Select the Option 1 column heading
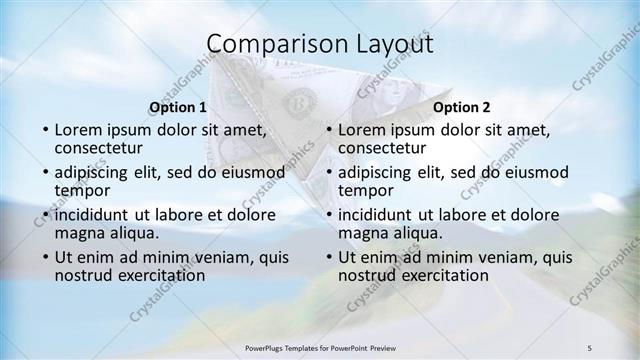coord(178,107)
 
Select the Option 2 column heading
coord(462,107)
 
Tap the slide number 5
coord(590,347)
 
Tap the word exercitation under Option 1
coord(160,275)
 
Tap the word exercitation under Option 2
coord(444,275)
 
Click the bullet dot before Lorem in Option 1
coord(44,130)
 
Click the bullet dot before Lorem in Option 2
coord(328,130)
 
